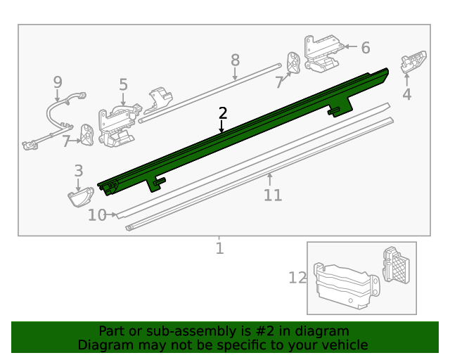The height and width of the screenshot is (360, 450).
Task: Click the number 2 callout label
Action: [x=223, y=112]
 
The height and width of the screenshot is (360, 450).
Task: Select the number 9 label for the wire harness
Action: [x=58, y=83]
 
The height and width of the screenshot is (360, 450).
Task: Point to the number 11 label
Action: [x=272, y=195]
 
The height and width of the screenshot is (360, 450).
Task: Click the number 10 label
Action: [x=96, y=215]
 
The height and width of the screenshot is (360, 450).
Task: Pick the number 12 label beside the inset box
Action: [x=297, y=278]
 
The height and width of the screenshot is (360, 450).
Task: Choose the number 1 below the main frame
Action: [x=219, y=248]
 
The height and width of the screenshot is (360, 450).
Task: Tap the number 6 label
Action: [x=365, y=48]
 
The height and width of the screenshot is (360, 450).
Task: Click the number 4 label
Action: [x=406, y=94]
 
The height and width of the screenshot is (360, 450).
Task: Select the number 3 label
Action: [x=78, y=171]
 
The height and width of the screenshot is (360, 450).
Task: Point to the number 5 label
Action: [x=123, y=85]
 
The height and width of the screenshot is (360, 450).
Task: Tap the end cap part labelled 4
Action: [x=413, y=62]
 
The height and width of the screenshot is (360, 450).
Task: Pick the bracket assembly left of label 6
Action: [x=323, y=53]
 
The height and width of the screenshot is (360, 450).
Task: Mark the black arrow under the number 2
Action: [x=222, y=127]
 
